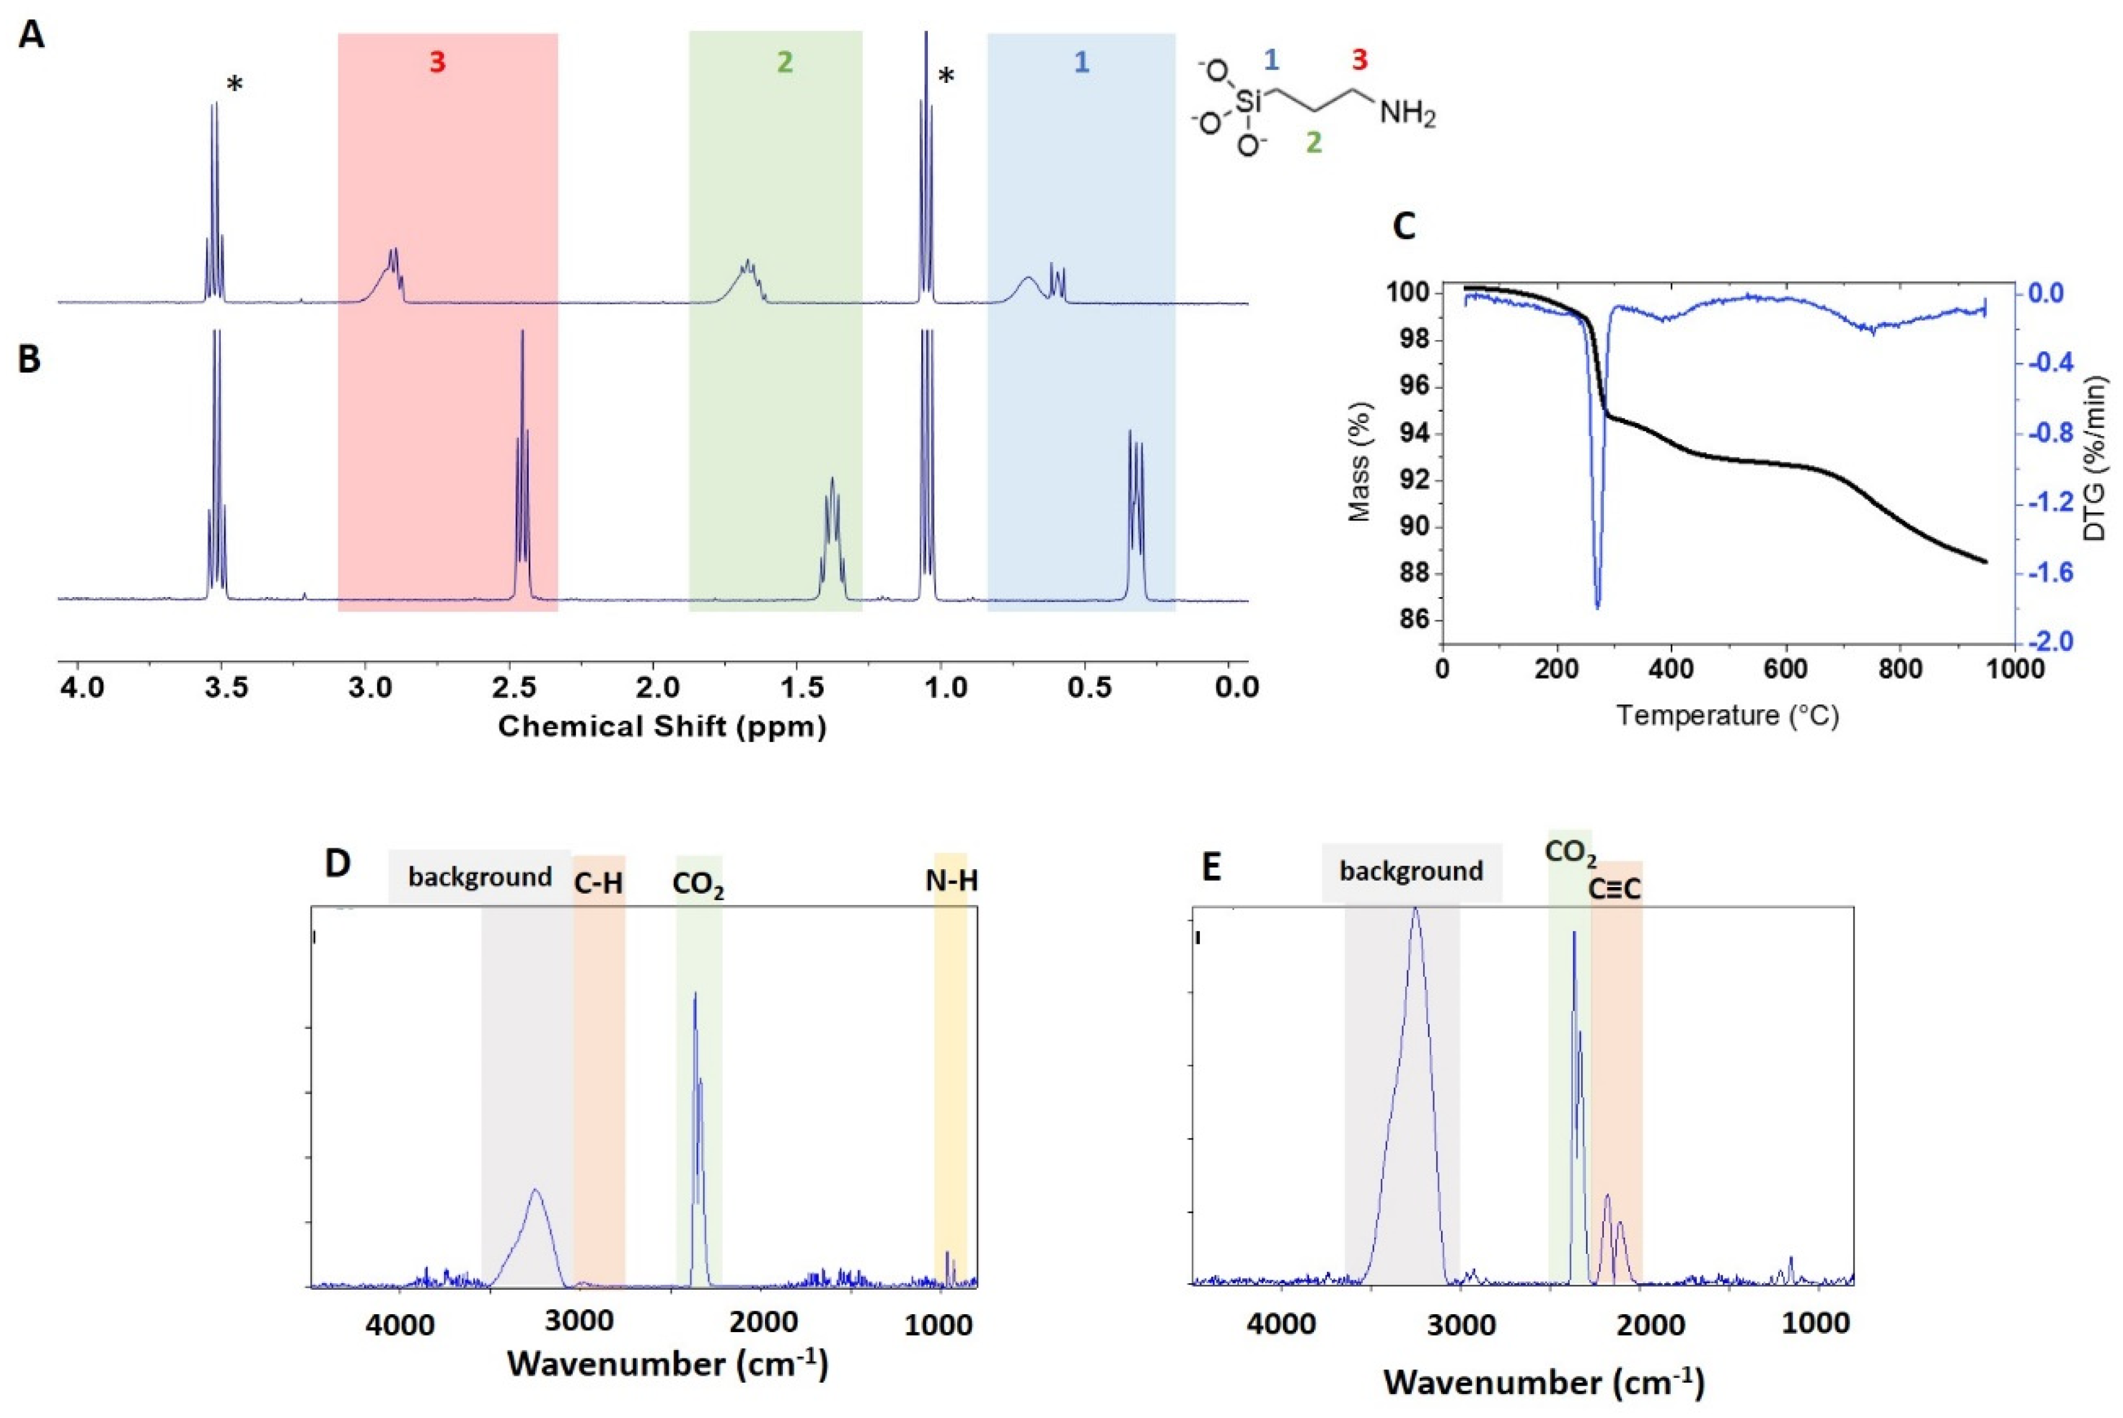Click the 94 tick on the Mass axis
(1406, 435)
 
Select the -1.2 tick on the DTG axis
(2062, 503)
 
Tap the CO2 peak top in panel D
(695, 995)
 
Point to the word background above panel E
(1411, 872)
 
